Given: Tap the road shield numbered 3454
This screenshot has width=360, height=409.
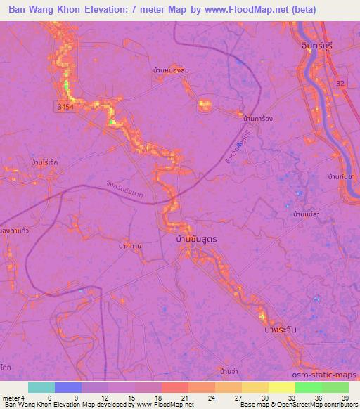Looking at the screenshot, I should [x=65, y=105].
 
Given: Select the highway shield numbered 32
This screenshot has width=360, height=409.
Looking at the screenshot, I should [x=340, y=83].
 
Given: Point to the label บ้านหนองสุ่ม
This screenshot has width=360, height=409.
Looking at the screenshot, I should [x=171, y=71].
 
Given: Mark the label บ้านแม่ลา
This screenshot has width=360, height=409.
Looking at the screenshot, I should [x=307, y=213].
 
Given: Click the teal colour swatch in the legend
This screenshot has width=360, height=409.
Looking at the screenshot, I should [x=41, y=388].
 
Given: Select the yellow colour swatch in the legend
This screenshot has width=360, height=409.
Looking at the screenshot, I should [x=282, y=388].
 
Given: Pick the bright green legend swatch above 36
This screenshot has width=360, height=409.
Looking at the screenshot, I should [x=309, y=388].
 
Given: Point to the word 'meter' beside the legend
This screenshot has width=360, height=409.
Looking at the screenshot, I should [x=12, y=398].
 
